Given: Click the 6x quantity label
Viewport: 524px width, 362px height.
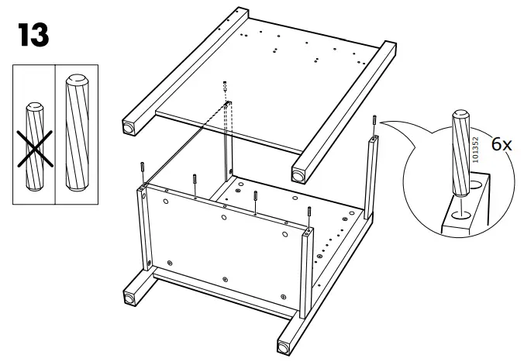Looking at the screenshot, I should point(502,145).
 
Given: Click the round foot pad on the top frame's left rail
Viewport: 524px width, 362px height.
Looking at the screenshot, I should point(126,125).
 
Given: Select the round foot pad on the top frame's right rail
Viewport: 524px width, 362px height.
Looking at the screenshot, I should point(298,174).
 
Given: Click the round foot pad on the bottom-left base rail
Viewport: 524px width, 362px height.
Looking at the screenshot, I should point(126,297).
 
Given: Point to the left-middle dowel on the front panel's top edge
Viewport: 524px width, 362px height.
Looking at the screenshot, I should point(194,183).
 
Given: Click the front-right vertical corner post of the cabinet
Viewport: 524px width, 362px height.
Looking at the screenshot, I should point(308,271).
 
